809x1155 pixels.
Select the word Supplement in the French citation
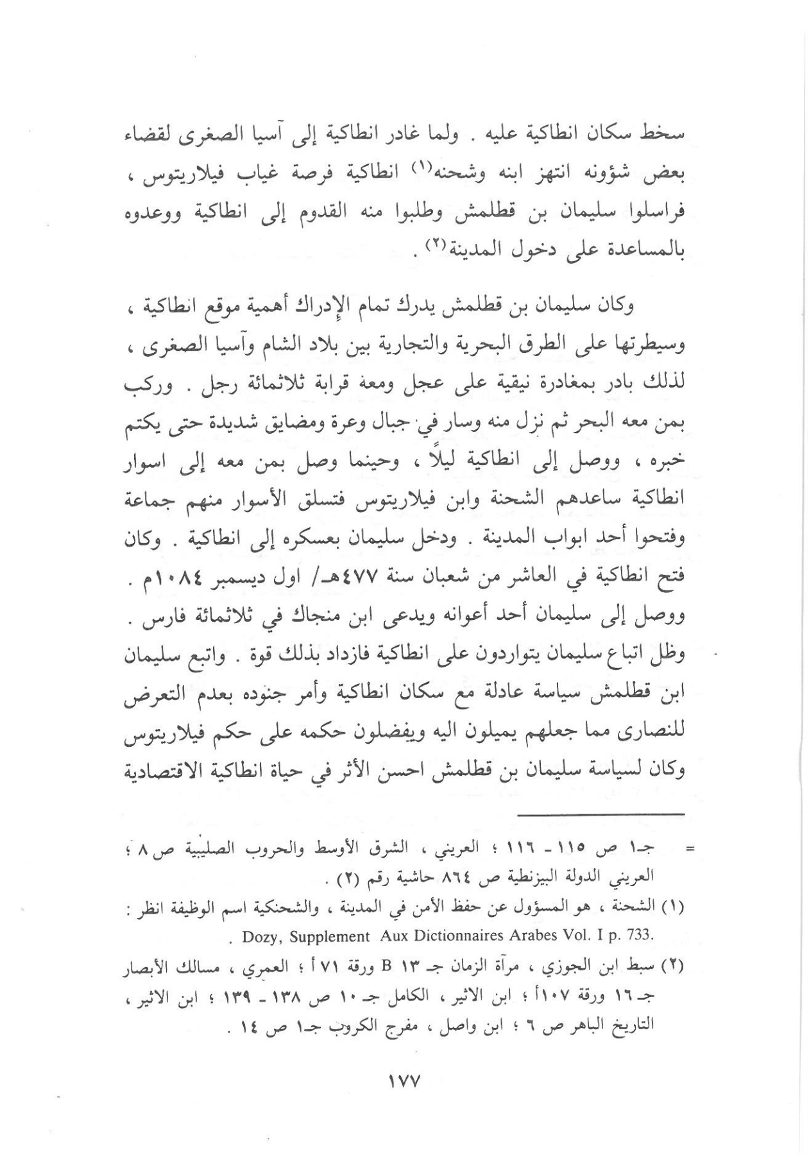click(x=330, y=936)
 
